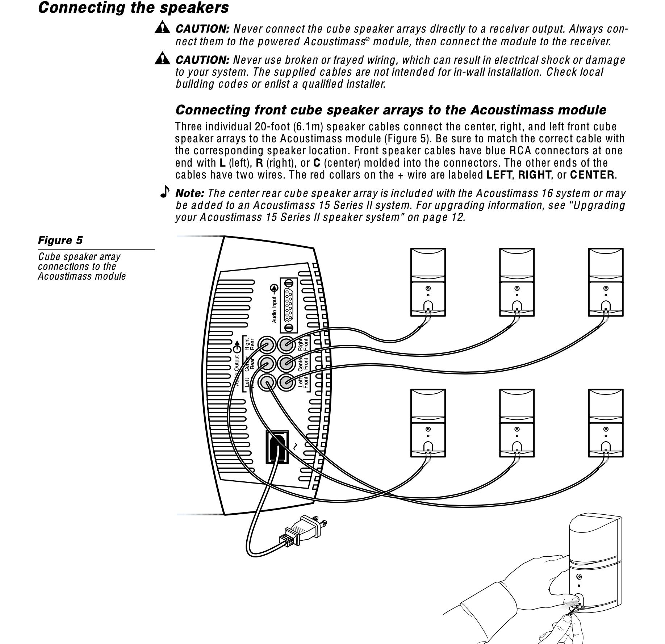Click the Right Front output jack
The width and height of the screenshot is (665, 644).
[x=287, y=344]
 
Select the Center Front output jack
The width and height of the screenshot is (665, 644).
[x=287, y=364]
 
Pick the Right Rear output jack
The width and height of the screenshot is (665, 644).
[x=268, y=344]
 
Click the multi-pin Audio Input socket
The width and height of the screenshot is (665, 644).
[x=289, y=305]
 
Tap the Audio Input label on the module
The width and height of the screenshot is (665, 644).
[x=274, y=310]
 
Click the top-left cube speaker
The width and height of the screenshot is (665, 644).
[x=428, y=282]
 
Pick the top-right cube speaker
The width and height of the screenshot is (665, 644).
[x=606, y=282]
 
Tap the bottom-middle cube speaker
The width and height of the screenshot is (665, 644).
[x=517, y=423]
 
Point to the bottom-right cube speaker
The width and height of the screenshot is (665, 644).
[x=606, y=423]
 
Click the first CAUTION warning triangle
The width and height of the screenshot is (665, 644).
[x=162, y=28]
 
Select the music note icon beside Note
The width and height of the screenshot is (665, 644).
[x=165, y=191]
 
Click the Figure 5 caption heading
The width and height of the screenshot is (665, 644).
[x=60, y=241]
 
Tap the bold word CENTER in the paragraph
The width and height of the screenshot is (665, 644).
[x=592, y=175]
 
